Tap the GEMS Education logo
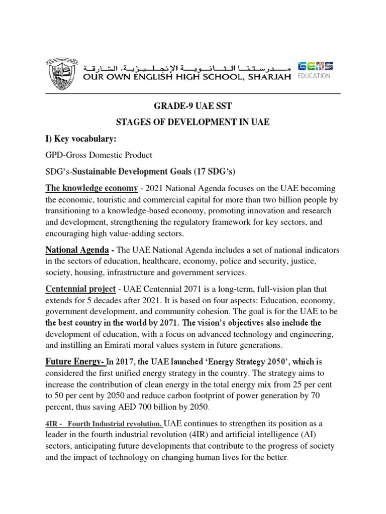point(315,70)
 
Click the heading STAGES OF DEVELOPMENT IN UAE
point(193,123)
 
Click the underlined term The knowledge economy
point(91,188)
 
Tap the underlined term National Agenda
point(77,249)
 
